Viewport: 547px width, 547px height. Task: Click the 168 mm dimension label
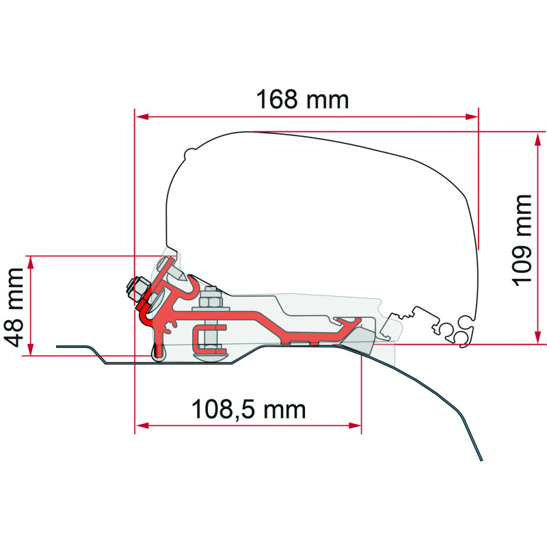302,100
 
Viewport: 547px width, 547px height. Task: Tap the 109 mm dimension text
522,241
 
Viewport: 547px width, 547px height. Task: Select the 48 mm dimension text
13,307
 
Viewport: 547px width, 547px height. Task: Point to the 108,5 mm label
249,409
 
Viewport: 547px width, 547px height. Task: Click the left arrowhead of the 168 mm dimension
142,116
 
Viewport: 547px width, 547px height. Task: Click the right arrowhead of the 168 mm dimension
471,116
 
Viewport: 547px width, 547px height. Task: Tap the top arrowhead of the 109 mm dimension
538,139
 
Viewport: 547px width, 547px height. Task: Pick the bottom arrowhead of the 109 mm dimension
538,337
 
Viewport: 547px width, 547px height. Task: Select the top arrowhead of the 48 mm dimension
31,263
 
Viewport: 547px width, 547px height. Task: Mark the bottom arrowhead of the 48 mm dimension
31,349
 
